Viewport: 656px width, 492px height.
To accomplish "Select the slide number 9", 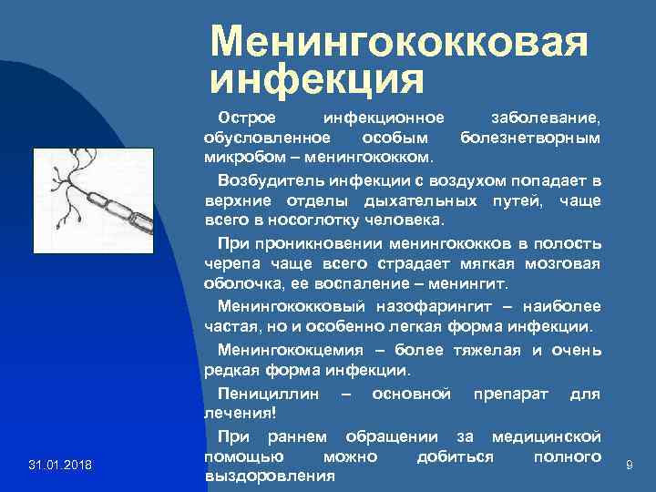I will click(629, 466).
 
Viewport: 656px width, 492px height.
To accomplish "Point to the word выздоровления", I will click(270, 476).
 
